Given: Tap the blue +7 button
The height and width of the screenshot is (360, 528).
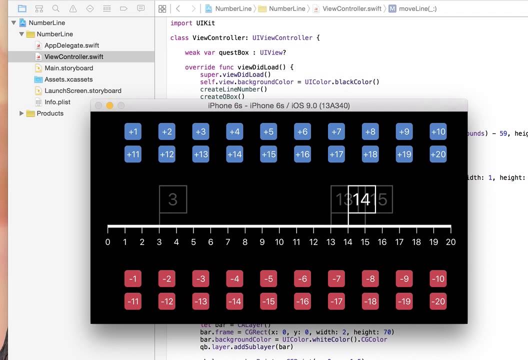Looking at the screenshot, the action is click(x=336, y=131).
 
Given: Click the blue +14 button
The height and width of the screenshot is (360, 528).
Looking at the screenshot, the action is click(x=234, y=154).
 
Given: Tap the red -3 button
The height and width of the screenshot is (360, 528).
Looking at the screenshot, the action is click(x=200, y=278).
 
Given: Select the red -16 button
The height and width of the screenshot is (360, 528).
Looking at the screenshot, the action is click(x=302, y=301).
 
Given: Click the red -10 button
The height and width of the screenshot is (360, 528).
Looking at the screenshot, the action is click(x=438, y=278).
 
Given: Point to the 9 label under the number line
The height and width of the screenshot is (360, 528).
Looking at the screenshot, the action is click(x=262, y=242).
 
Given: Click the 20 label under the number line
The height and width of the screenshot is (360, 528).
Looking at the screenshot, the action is click(x=450, y=242).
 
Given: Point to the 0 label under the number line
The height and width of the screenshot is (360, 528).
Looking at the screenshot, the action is click(x=108, y=242).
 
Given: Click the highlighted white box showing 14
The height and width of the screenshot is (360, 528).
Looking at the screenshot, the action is click(x=361, y=199).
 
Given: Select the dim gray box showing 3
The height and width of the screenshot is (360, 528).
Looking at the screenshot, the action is click(x=173, y=199).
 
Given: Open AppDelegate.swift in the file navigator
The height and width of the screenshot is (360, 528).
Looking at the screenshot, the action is click(x=71, y=45).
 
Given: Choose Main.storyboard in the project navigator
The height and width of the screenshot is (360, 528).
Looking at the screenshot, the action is click(x=68, y=68).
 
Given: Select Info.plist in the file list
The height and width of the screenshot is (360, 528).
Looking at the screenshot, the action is click(x=57, y=102).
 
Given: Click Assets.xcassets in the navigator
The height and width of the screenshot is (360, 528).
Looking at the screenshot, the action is click(x=68, y=79).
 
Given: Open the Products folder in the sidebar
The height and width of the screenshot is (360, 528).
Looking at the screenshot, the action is click(x=50, y=113).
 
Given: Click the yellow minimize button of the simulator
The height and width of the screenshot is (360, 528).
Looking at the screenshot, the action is click(x=109, y=105).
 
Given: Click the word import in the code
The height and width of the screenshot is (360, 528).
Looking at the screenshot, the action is click(x=181, y=23).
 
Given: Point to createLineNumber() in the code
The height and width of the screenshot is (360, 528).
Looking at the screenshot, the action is click(x=233, y=89).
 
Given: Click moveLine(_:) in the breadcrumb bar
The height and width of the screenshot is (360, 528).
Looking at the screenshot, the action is click(x=417, y=8).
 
